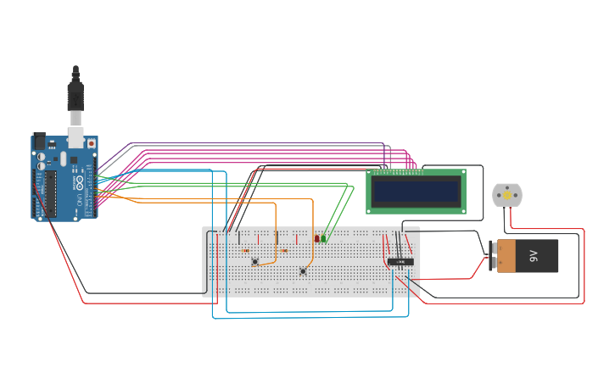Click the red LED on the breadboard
317,238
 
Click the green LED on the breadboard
324,238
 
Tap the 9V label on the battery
534,255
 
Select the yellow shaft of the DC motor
507,196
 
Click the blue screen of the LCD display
416,192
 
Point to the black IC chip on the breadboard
401,262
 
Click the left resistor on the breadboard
245,250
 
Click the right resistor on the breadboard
283,250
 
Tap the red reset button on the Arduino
91,144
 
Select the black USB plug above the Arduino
75,93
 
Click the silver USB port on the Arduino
75,136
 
